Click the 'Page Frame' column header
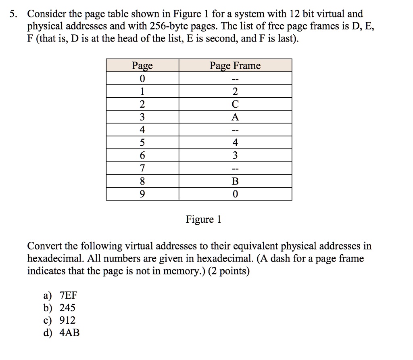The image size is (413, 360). tap(235, 65)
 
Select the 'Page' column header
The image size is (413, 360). tap(142, 65)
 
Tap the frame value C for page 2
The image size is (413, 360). tap(235, 104)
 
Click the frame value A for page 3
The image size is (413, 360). tap(235, 117)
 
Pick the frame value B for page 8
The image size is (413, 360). tap(235, 181)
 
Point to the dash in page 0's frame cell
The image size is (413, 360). tap(235, 79)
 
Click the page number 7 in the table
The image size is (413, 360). tap(142, 168)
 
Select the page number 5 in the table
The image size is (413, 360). tap(142, 142)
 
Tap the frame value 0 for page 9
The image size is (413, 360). tap(235, 194)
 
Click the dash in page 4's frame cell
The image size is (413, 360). tap(235, 130)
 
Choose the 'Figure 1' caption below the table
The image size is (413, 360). tap(203, 220)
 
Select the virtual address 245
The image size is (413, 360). tap(67, 308)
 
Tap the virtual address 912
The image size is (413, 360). tap(67, 320)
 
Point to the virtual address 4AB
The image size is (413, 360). tap(69, 333)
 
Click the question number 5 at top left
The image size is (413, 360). tap(14, 14)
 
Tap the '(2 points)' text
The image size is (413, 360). tap(228, 271)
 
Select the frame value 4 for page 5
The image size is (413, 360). tap(235, 142)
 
